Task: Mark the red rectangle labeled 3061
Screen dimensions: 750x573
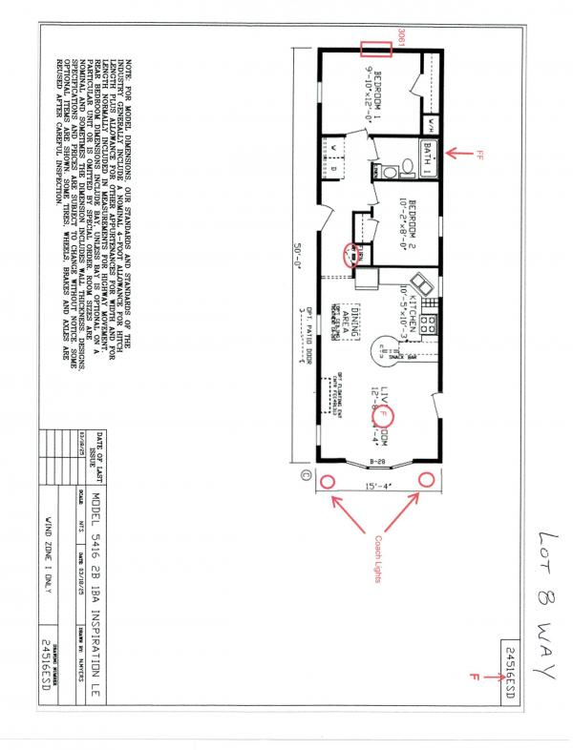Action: click(x=377, y=49)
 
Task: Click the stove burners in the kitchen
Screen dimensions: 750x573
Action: click(x=430, y=324)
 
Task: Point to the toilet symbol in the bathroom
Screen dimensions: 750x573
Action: click(x=408, y=168)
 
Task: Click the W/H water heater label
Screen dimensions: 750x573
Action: click(x=431, y=123)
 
